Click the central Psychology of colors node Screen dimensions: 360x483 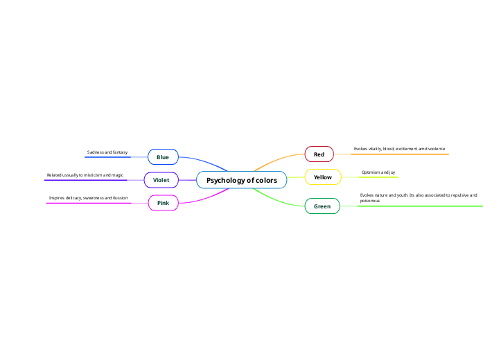[x=241, y=180]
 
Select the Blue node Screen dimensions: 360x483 [x=163, y=157]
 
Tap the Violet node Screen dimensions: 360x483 [x=161, y=180]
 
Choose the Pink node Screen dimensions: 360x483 [x=163, y=203]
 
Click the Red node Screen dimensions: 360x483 [x=319, y=154]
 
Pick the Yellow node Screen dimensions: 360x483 [x=323, y=177]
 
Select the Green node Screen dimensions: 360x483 [x=322, y=206]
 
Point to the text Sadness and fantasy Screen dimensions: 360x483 [x=107, y=152]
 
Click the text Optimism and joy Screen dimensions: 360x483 [x=378, y=172]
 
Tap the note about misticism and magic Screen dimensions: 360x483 [x=85, y=175]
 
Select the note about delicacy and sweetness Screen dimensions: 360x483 [x=88, y=198]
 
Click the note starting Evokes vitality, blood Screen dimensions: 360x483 [x=399, y=149]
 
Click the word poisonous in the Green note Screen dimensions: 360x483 [x=369, y=201]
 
